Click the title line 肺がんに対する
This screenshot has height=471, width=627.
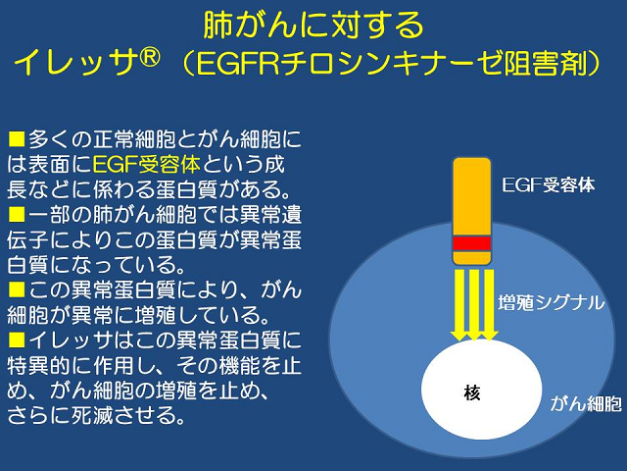[313, 25]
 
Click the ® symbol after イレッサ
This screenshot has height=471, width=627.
[148, 58]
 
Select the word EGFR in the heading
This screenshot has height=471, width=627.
[237, 63]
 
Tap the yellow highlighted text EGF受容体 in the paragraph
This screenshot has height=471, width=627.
[146, 165]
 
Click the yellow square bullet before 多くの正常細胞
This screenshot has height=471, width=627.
[17, 139]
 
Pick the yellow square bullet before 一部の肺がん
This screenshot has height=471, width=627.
[17, 215]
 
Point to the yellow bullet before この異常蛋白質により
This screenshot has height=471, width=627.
[17, 289]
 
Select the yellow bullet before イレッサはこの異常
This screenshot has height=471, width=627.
[17, 340]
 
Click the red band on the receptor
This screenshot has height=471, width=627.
[472, 243]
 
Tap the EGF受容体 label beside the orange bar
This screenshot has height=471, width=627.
[549, 185]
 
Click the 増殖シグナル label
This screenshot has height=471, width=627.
[552, 302]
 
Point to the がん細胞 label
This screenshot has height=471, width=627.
[586, 403]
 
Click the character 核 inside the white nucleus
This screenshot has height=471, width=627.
[472, 392]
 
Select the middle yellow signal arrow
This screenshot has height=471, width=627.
[473, 305]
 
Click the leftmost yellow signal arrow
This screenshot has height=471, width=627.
[458, 305]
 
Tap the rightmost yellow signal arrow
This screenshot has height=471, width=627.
[489, 305]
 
